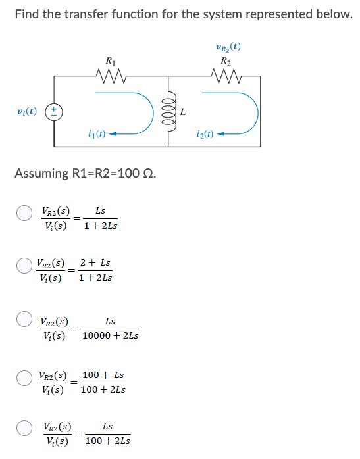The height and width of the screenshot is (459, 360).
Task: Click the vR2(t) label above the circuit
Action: (x=228, y=47)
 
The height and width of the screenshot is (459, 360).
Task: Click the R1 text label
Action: (x=109, y=61)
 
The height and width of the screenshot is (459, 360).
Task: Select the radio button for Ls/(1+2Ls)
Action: (x=24, y=214)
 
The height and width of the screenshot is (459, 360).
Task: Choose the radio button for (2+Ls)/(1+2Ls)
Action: (x=24, y=267)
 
